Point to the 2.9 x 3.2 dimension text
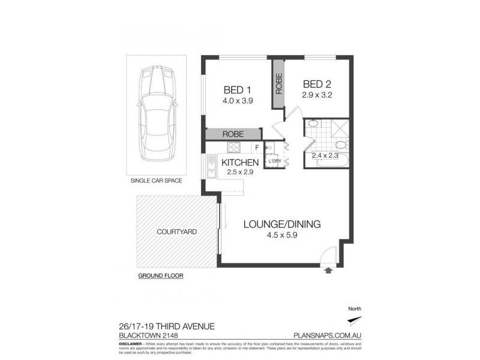pos(317,94)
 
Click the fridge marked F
pos(256,148)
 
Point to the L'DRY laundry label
pos(274,161)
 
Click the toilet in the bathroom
pos(340,146)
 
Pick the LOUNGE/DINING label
pos(282,224)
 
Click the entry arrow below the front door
pos(329,271)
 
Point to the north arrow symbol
pos(355,319)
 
